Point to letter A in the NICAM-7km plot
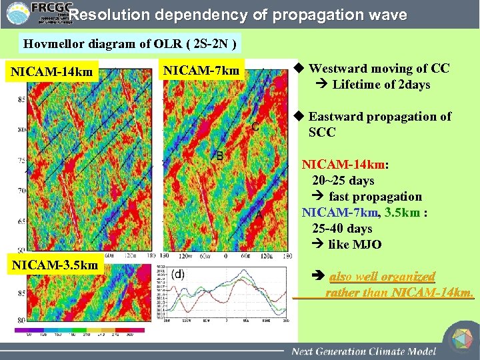tap(259, 216)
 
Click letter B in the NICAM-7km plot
tap(219, 156)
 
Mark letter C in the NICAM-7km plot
tap(255, 127)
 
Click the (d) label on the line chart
tap(178, 274)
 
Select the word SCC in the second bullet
tap(322, 132)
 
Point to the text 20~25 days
tap(343, 180)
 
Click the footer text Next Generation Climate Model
tap(363, 351)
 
